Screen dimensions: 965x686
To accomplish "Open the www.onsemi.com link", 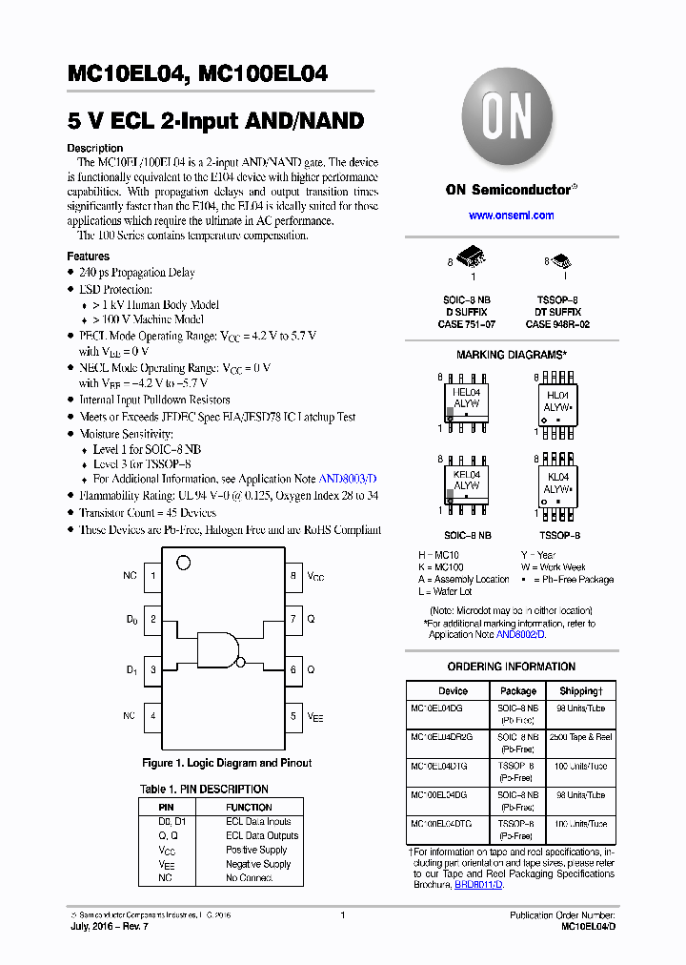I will pos(511,216).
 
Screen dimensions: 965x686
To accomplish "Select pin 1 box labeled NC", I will pos(152,576).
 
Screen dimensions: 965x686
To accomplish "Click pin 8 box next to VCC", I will pos(293,576).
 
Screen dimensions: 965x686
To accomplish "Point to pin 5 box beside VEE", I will pos(293,715).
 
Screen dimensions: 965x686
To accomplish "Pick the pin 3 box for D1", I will pos(152,669).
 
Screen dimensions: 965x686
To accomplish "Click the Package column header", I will pos(517,690).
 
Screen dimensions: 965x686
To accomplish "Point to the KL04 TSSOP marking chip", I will pos(557,483).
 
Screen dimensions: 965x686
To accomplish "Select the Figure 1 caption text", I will pos(227,763).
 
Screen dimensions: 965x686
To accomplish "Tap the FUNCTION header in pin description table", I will pos(249,807).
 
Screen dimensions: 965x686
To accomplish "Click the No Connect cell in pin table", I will pos(249,877).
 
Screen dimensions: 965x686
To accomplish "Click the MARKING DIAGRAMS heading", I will pos(511,355).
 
